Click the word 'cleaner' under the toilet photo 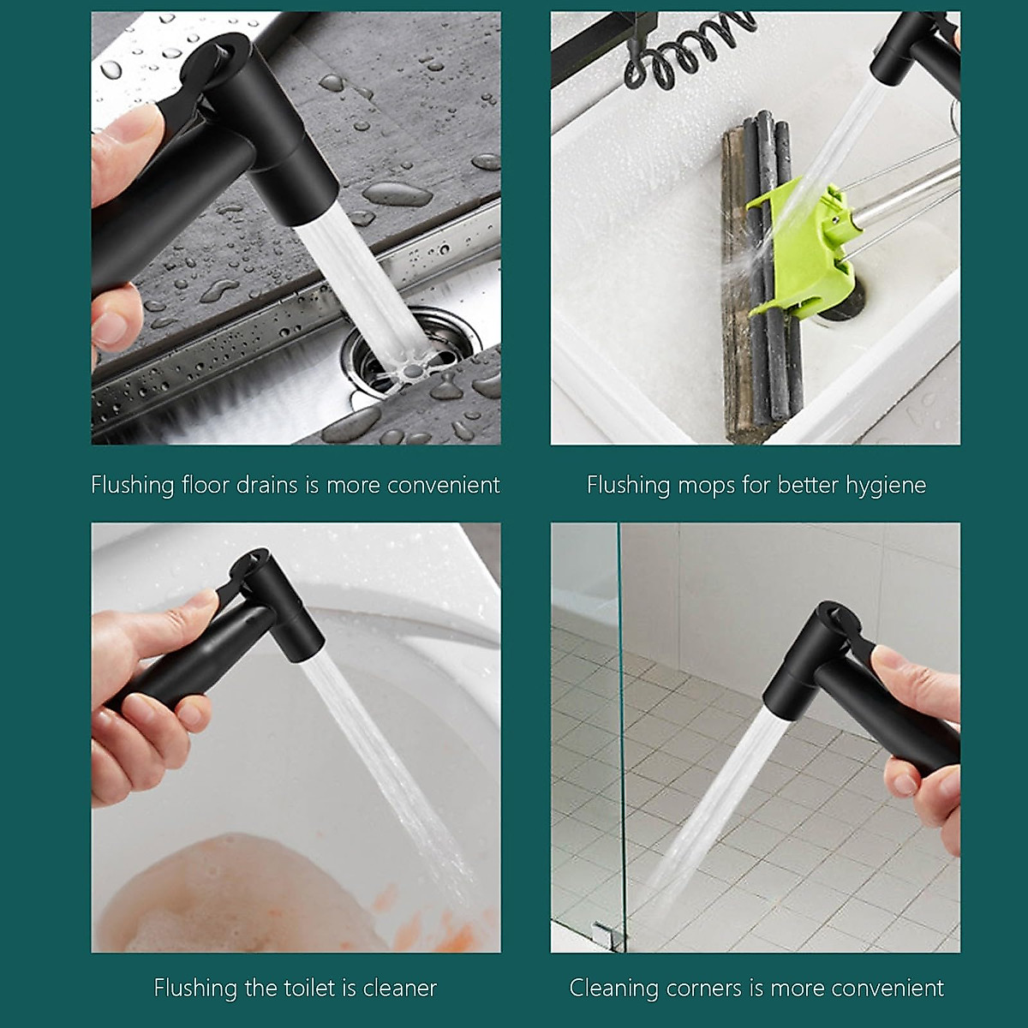[x=399, y=988]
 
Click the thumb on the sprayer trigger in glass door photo [x=899, y=664]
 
